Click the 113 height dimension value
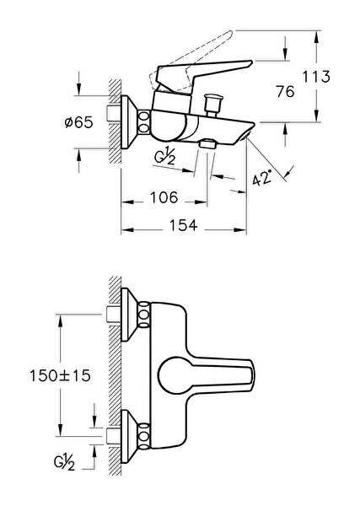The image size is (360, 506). [316, 77]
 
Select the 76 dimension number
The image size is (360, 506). [285, 92]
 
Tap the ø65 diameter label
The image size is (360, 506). [78, 122]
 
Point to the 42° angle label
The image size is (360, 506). [261, 178]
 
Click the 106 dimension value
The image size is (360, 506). [164, 197]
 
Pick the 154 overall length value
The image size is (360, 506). [183, 225]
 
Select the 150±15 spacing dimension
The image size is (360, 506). [61, 375]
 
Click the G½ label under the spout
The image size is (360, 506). [164, 158]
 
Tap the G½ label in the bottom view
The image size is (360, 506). [65, 463]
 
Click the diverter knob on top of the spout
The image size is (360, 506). [212, 103]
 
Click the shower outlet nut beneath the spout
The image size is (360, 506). [207, 143]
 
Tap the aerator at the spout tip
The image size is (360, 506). [244, 136]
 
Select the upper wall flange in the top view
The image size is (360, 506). [130, 315]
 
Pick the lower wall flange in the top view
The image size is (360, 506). [130, 437]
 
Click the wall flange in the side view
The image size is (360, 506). [130, 122]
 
